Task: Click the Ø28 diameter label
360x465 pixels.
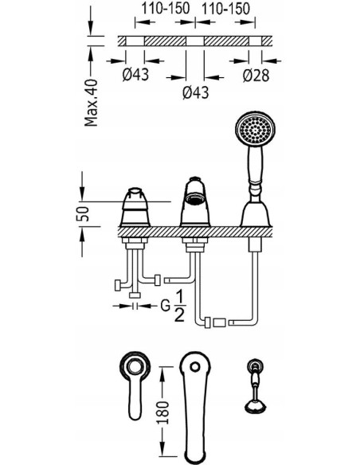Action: pos(256,76)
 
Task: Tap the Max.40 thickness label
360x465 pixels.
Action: pos(91,103)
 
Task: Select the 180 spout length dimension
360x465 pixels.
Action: pos(162,412)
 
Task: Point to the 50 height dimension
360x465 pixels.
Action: pos(83,213)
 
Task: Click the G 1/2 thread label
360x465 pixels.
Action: pos(174,306)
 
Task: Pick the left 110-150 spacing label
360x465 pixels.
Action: pos(165,8)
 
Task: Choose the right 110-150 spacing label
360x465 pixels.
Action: pos(225,8)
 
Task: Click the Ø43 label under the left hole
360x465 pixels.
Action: pos(135,74)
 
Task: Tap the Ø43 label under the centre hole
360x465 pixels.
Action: pos(196,92)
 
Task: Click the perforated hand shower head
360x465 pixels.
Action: pos(256,129)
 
